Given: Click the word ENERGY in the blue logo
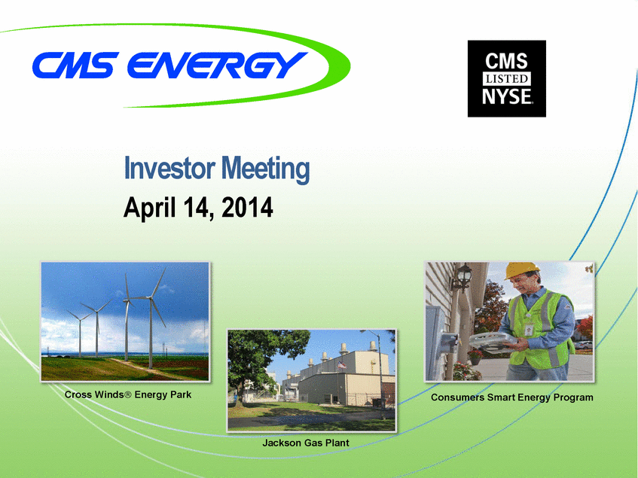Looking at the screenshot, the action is click(x=217, y=65).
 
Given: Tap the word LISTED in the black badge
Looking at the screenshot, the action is click(x=507, y=78).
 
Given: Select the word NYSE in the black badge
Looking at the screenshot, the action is click(x=507, y=96).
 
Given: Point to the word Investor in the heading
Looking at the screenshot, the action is click(x=169, y=168).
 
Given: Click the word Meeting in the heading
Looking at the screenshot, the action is click(x=265, y=169).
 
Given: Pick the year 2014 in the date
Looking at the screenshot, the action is click(x=247, y=207).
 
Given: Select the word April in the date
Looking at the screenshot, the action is click(x=150, y=208).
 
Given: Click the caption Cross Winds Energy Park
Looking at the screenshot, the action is click(x=128, y=394).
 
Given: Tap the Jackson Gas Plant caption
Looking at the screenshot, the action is click(x=306, y=443).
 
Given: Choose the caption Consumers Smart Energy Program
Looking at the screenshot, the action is click(x=512, y=397).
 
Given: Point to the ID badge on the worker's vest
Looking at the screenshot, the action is click(x=529, y=330).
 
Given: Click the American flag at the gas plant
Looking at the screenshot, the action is click(x=342, y=364).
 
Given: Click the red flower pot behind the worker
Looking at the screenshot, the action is click(x=475, y=361).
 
